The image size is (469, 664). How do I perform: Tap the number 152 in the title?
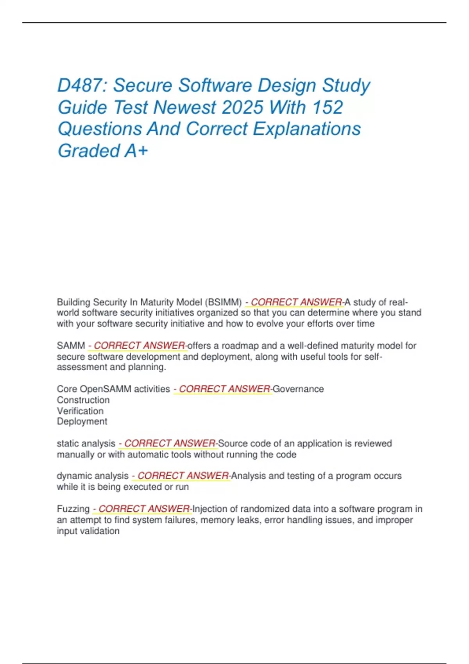(328, 107)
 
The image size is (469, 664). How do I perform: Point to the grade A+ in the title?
(136, 151)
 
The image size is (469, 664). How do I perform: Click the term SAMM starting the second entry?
(71, 346)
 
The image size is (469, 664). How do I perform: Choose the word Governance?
(298, 389)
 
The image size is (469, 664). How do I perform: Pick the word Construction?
(83, 400)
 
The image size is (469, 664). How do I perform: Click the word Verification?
(80, 411)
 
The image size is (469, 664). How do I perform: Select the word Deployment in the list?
(82, 421)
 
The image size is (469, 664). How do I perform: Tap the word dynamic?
(73, 476)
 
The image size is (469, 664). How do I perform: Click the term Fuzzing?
(73, 509)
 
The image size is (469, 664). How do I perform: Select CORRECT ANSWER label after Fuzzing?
(143, 509)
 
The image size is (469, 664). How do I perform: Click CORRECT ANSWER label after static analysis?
(169, 444)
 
